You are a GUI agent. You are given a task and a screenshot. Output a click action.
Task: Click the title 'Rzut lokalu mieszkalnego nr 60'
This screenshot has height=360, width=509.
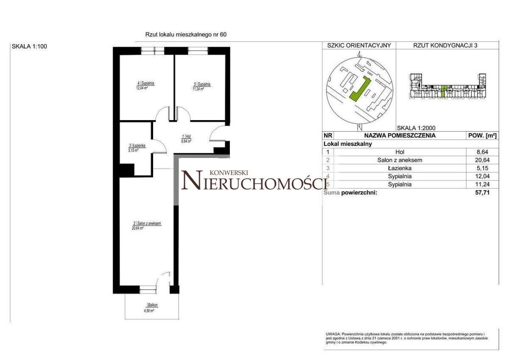click(186, 35)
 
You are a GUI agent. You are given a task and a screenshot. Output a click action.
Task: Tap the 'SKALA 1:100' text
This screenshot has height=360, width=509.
click(29, 47)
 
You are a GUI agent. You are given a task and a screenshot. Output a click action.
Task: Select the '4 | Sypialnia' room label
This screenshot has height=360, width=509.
click(145, 84)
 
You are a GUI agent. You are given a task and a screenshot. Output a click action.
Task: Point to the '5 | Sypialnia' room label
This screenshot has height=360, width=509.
click(201, 84)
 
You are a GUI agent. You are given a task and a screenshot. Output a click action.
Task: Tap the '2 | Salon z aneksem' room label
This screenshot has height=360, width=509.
click(147, 224)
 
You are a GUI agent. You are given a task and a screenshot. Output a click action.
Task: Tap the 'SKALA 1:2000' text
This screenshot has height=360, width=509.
click(416, 127)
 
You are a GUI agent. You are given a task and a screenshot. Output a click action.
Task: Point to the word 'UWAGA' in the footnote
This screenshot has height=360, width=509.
click(333, 335)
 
